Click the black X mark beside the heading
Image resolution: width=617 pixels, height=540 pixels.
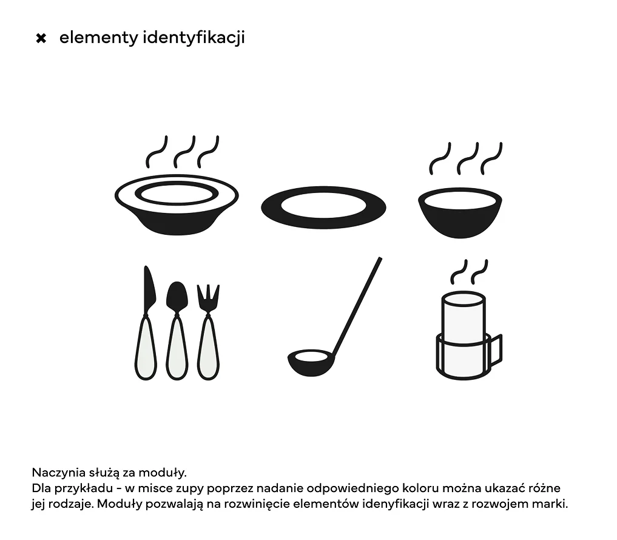click(x=41, y=38)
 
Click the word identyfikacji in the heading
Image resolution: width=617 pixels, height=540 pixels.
click(x=194, y=38)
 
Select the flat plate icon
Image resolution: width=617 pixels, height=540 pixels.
click(x=323, y=208)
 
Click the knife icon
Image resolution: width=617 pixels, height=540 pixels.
click(x=146, y=323)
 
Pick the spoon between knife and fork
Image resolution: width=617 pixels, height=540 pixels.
click(x=177, y=331)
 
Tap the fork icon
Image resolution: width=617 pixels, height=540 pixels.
click(x=208, y=332)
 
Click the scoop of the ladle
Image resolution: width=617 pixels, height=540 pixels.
click(x=311, y=362)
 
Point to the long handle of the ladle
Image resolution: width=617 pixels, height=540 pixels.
click(x=357, y=305)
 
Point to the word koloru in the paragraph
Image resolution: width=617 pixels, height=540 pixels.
click(x=420, y=488)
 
